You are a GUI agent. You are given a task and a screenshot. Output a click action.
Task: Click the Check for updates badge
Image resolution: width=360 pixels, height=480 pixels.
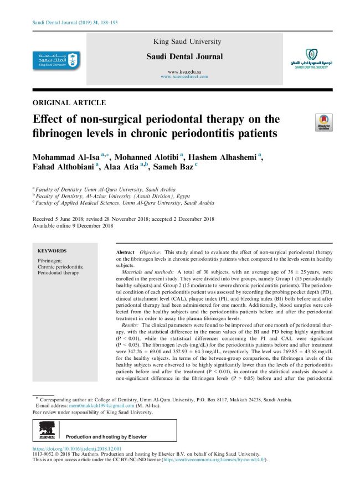[323, 123]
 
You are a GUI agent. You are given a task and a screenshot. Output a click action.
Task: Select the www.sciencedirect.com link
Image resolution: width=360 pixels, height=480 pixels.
[184, 77]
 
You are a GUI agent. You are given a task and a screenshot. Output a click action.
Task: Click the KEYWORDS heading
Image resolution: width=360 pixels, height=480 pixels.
[52, 251]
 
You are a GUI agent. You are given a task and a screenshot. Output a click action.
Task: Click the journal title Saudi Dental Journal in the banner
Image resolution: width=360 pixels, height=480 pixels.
[184, 56]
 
